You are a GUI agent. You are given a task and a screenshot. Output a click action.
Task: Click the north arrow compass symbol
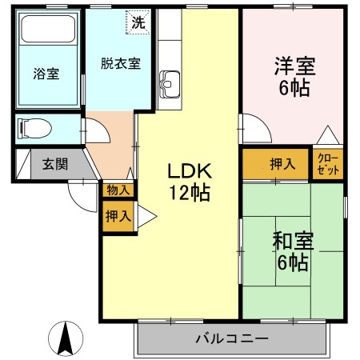67,339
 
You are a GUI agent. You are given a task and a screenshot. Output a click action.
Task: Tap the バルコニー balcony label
232,339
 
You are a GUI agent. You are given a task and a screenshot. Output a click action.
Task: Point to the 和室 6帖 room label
292,251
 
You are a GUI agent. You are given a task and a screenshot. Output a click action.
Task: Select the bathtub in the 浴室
46,32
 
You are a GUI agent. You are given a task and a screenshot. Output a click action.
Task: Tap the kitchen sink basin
171,81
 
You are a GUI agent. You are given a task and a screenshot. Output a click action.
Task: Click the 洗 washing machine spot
138,22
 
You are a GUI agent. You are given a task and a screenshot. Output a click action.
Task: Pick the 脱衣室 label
120,63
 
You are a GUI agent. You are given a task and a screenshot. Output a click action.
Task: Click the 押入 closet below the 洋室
276,165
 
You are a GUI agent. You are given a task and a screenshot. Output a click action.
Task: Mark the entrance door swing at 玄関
83,193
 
